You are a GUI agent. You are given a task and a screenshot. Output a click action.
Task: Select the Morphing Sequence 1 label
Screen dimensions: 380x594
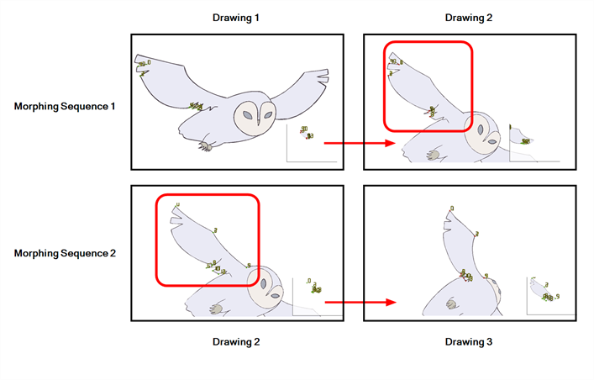(x=65, y=107)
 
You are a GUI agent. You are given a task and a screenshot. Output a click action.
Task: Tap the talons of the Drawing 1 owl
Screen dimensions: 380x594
(x=204, y=146)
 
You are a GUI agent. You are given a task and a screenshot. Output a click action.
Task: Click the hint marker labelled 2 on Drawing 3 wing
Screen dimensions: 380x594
(x=477, y=235)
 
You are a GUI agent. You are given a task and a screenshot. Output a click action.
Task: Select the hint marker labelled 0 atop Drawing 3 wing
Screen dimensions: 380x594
(x=452, y=208)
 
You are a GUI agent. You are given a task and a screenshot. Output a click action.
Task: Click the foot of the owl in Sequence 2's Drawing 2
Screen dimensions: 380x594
(x=217, y=308)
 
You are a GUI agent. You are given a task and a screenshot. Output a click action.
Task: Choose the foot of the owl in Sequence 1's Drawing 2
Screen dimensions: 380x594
(x=432, y=154)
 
